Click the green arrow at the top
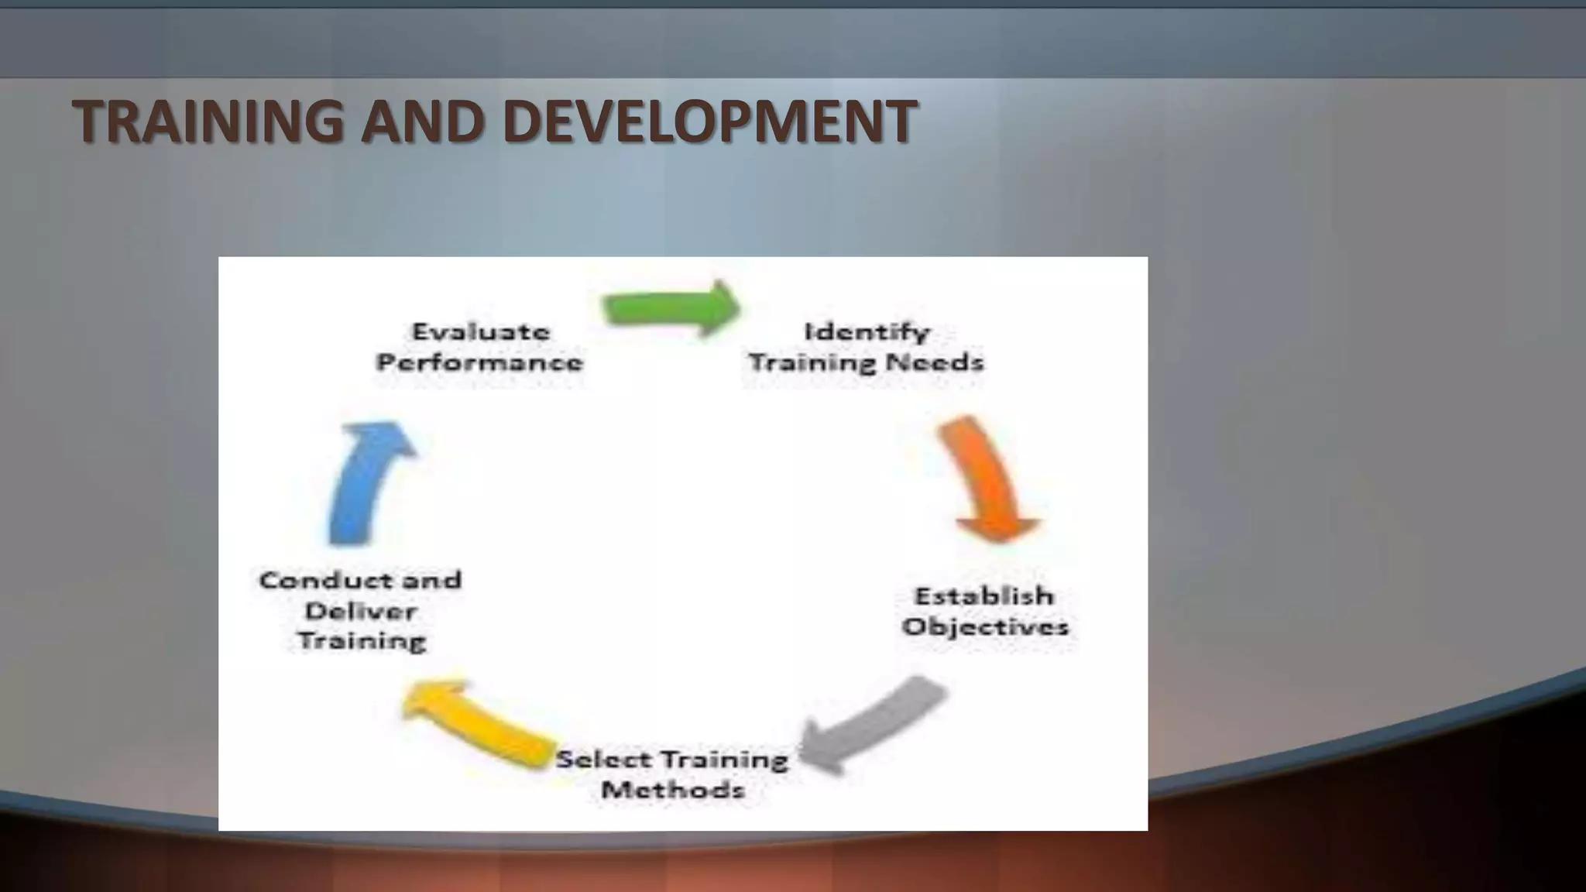coord(671,309)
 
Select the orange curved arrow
coord(987,479)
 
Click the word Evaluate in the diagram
coord(481,332)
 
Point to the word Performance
coord(479,362)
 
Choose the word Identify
coord(867,332)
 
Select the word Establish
coord(984,596)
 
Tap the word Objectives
coord(985,626)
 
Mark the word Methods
coord(673,791)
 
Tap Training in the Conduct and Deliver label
coord(362,641)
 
